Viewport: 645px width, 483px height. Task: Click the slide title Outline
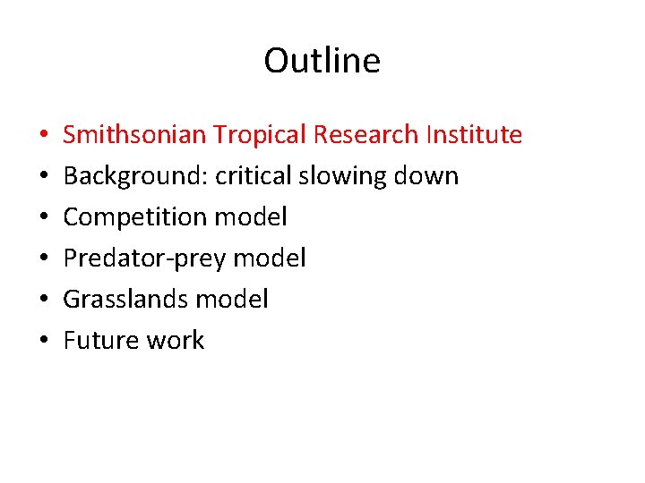pyautogui.click(x=322, y=61)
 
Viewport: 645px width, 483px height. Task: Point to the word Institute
pyautogui.click(x=474, y=135)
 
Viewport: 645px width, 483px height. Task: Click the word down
pyautogui.click(x=428, y=176)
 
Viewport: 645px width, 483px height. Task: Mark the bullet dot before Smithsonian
pyautogui.click(x=44, y=136)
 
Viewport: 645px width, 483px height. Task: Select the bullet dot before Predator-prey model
pyautogui.click(x=44, y=259)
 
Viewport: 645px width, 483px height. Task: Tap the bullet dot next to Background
pyautogui.click(x=44, y=177)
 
